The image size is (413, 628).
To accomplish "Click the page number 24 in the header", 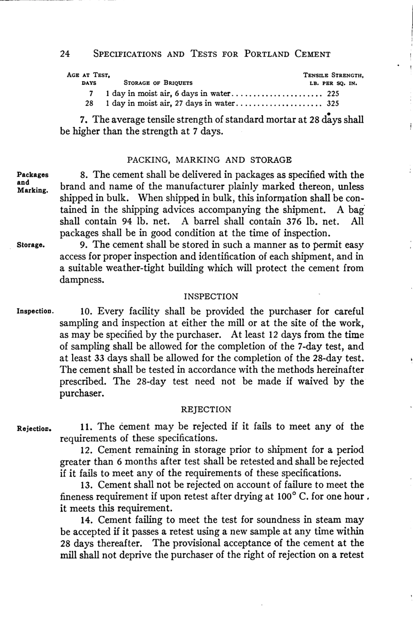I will pos(65,54).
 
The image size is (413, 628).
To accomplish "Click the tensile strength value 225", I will pos(333,93).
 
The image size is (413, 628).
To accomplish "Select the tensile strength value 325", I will pos(333,104).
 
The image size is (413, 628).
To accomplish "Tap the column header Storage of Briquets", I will pos(158,83).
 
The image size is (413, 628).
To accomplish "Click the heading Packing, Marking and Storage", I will pos(209,160).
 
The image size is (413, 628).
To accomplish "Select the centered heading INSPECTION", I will pos(211,297).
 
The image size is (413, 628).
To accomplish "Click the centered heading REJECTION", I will pos(206,410).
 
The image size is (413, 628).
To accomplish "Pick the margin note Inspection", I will pos(35,312).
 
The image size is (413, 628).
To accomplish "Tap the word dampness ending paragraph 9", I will pos(82,280).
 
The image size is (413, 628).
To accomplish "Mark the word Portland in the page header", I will pos(266,54).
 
